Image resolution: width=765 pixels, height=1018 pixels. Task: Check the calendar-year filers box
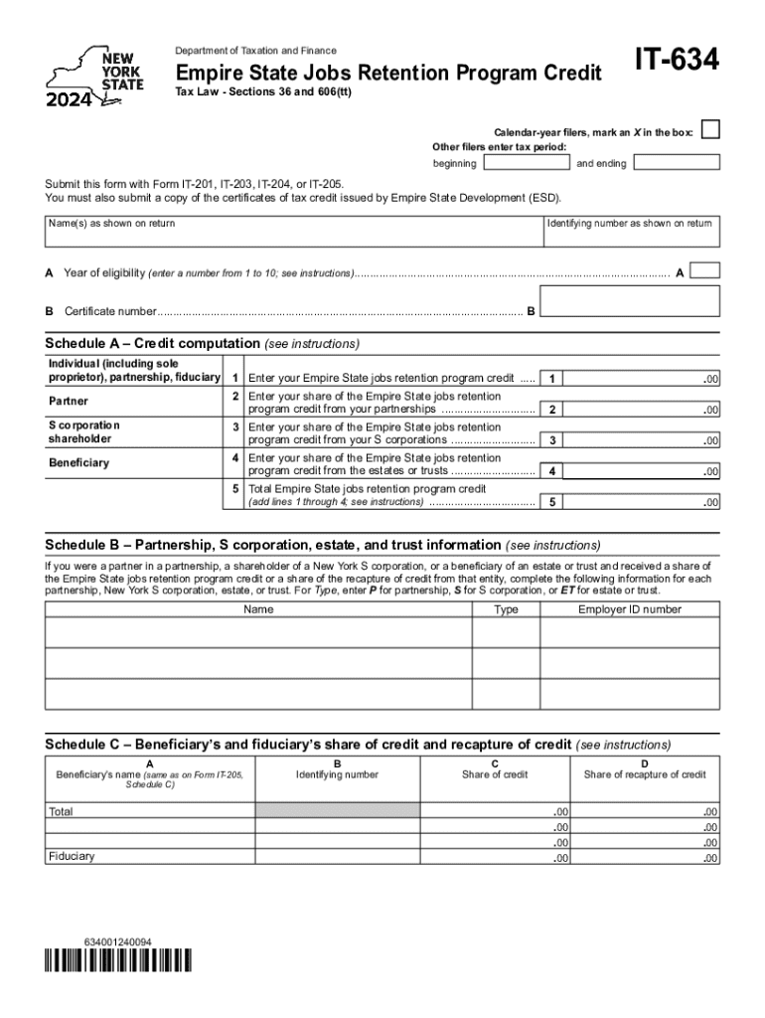click(x=709, y=130)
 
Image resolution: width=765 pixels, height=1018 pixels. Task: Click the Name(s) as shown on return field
click(x=293, y=240)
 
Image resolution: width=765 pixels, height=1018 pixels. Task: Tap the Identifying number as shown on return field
click(x=631, y=240)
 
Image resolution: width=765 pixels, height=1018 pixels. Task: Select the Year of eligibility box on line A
click(x=704, y=270)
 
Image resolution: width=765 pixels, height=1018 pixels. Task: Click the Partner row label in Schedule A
click(x=69, y=402)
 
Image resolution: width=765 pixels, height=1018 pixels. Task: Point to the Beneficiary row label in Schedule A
click(x=78, y=463)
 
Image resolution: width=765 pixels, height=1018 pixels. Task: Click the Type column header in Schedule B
click(x=506, y=609)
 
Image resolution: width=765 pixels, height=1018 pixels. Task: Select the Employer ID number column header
click(x=630, y=609)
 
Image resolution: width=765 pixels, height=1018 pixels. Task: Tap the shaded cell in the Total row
click(x=338, y=810)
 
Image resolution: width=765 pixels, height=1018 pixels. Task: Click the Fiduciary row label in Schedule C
click(x=72, y=856)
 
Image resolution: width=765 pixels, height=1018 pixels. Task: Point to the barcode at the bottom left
click(x=118, y=960)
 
